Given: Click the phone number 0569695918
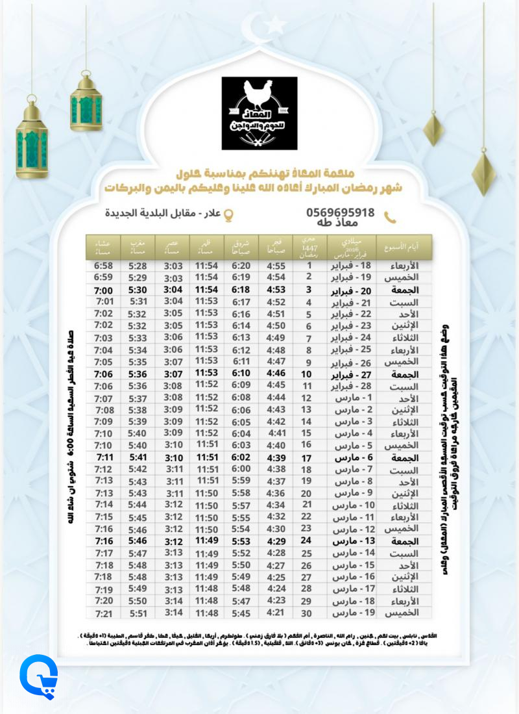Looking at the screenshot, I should click(x=340, y=212).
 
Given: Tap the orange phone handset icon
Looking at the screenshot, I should click(x=390, y=217).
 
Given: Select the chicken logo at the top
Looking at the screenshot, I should click(x=259, y=113).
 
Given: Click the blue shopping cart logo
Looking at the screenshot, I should click(x=38, y=677).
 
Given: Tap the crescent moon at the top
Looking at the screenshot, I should click(x=255, y=30).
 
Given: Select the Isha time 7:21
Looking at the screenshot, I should click(x=104, y=614).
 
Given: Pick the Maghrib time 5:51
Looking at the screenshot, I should click(x=138, y=614).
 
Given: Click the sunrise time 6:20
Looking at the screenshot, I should click(x=241, y=266).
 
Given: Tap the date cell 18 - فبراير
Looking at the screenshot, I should click(x=353, y=266).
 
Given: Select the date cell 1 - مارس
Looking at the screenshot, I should click(x=353, y=398).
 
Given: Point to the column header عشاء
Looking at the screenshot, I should click(x=104, y=247).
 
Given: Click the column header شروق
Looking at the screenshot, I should click(x=241, y=247).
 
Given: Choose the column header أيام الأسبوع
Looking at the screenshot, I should click(x=404, y=248).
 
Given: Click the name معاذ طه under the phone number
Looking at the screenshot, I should click(x=340, y=225).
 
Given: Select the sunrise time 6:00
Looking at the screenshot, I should click(x=241, y=469).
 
